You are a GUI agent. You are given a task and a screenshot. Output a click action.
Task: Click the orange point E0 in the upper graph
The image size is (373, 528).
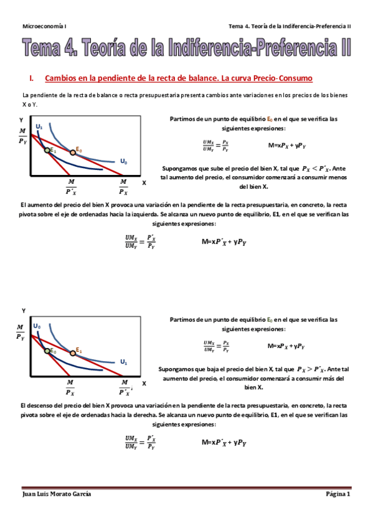(x=73, y=153)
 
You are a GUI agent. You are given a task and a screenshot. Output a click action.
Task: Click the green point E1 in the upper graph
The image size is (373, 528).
(x=47, y=150)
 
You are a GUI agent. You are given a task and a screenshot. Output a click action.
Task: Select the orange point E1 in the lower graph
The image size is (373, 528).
(x=73, y=353)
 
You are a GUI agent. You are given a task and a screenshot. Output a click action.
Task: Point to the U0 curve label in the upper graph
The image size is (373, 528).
(x=124, y=162)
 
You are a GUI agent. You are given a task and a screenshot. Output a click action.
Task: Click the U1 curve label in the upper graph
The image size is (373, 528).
(x=39, y=127)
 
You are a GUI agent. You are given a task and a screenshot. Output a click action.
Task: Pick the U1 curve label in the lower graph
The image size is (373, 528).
(x=123, y=362)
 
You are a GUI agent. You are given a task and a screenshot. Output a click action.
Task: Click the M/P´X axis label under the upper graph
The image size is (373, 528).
(x=71, y=187)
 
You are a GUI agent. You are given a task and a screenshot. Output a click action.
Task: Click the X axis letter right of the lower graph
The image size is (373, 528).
(x=144, y=384)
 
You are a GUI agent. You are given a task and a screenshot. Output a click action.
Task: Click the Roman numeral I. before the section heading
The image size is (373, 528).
(x=31, y=79)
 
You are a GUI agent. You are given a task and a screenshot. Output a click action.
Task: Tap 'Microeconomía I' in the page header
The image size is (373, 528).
(x=44, y=26)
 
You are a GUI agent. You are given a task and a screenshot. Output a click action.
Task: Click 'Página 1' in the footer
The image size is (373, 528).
(x=338, y=494)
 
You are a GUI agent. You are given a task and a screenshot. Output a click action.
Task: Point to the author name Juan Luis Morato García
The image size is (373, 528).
(x=57, y=494)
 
